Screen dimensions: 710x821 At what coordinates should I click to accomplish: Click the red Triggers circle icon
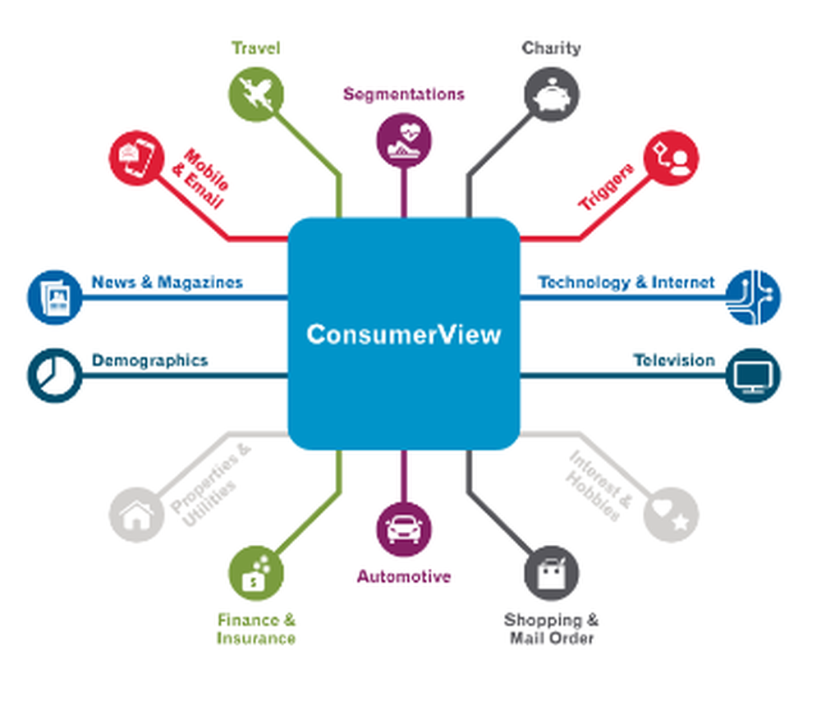(x=671, y=159)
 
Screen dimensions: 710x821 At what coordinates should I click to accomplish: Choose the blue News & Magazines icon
(x=54, y=296)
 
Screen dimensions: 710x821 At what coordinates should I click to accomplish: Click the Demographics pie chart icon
(x=54, y=375)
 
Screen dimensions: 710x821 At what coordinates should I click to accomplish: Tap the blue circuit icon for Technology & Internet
(x=753, y=296)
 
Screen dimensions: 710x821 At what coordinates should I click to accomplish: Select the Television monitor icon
(x=753, y=375)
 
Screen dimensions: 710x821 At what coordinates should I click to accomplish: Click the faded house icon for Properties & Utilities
(x=136, y=514)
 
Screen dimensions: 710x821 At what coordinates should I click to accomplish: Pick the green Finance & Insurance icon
(x=256, y=574)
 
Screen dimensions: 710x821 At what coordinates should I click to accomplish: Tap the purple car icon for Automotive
(x=404, y=529)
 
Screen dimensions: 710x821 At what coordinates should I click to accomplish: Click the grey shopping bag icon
(x=551, y=574)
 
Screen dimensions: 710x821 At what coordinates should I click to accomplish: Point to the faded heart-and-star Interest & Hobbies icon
(x=671, y=514)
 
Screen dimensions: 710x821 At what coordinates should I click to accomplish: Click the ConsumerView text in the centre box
(x=403, y=334)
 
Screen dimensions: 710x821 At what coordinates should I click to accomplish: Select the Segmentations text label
(x=404, y=94)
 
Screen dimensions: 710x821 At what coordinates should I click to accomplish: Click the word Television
(x=673, y=360)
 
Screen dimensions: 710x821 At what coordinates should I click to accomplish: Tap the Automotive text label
(x=404, y=577)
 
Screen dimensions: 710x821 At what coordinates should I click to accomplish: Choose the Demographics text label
(x=149, y=360)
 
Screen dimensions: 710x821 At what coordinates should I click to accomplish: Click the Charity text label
(x=551, y=48)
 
